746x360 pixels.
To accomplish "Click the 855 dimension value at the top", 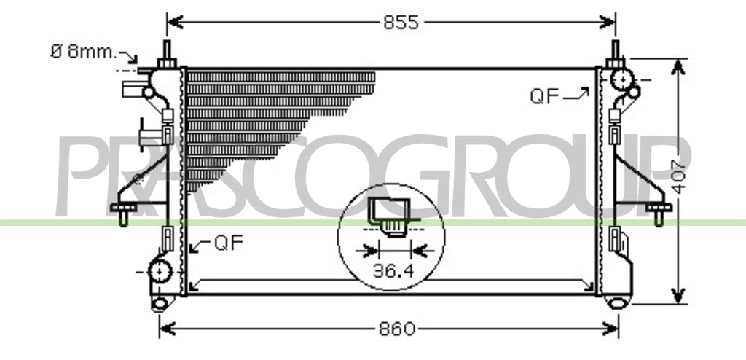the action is (x=401, y=23).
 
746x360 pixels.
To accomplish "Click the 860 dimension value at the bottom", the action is (x=397, y=329).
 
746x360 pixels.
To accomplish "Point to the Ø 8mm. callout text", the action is (x=84, y=51).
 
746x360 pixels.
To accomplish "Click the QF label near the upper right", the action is (x=545, y=97).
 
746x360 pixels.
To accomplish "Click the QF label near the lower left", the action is (x=229, y=243).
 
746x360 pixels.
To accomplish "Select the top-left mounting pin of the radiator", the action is (x=167, y=54).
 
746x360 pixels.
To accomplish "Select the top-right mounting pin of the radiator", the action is (x=615, y=54).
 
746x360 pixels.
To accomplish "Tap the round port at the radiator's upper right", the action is (x=622, y=79).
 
